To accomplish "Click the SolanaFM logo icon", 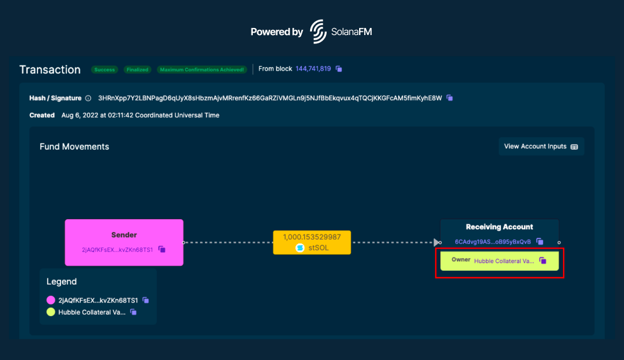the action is pos(318,31).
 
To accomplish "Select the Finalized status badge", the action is pos(137,69).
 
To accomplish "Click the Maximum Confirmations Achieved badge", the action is pos(202,69).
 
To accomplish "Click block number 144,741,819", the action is pos(313,69).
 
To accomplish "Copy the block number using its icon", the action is pos(339,69).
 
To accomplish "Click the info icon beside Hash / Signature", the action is pos(88,98).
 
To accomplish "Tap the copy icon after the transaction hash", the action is pos(450,98).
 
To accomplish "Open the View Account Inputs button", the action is pos(541,147).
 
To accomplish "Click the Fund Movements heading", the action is pos(74,147).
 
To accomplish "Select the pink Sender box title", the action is pos(124,235).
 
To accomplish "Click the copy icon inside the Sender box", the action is pos(162,249).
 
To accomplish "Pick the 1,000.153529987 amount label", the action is pos(312,236).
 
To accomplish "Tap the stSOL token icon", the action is pos(300,248).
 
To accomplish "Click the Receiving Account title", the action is pos(499,227).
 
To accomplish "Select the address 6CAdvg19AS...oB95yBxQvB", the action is pos(493,241).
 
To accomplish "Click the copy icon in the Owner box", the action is pos(542,261).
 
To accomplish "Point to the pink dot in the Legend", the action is pos(51,299).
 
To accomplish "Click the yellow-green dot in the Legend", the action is pos(51,312).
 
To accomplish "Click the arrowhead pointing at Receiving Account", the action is pos(436,242).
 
